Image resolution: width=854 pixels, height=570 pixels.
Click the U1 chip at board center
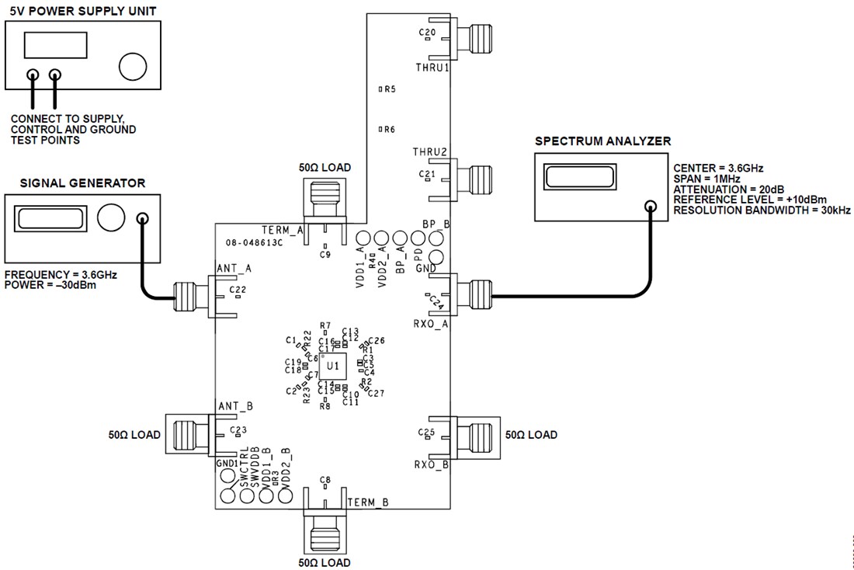point(332,365)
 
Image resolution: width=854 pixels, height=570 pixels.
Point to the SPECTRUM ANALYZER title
point(602,141)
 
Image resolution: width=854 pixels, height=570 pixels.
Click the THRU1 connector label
point(432,68)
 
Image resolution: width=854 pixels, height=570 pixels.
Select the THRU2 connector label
point(430,152)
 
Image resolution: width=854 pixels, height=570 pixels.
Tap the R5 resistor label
point(390,89)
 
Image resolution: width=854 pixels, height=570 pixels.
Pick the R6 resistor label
point(390,130)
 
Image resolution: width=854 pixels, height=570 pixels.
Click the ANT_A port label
point(234,269)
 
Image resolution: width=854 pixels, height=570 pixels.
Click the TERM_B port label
point(367,502)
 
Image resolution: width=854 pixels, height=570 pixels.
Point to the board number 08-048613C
point(254,242)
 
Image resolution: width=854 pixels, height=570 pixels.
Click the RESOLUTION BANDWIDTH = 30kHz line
point(762,210)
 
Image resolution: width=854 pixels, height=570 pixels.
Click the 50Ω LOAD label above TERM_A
point(325,167)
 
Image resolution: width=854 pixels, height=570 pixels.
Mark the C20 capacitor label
point(427,32)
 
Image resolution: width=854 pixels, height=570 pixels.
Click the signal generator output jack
point(142,218)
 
